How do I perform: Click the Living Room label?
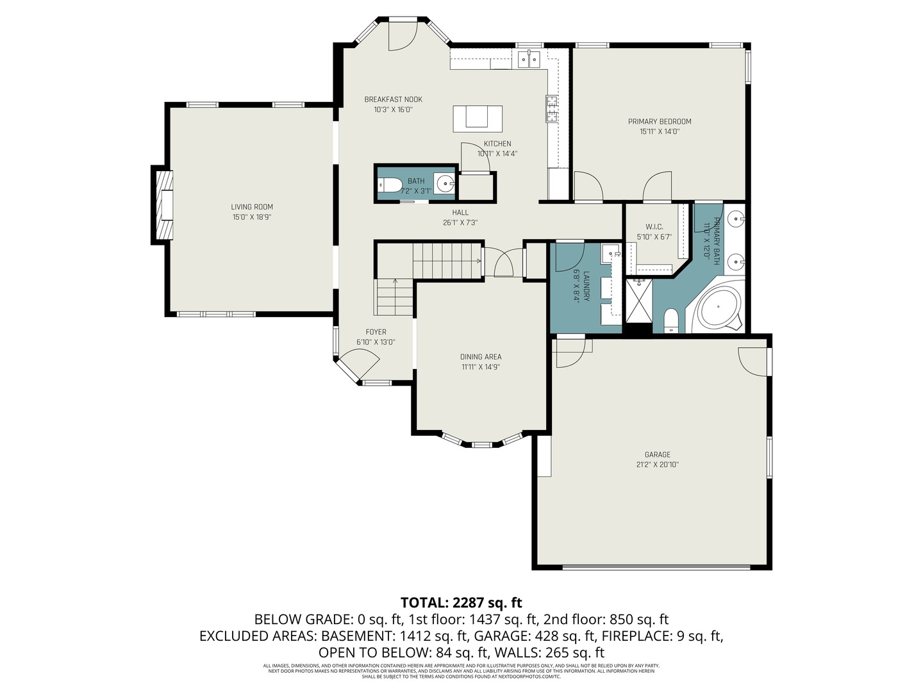[252, 207]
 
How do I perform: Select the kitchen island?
[478, 119]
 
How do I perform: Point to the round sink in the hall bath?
[444, 183]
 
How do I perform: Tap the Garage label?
[657, 454]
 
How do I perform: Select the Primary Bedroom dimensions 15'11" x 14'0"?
[660, 131]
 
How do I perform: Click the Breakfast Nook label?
[393, 99]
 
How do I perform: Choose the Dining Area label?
[481, 357]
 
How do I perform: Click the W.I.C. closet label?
[654, 227]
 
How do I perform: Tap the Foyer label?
[376, 332]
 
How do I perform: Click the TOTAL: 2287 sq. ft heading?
[461, 602]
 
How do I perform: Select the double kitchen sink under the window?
[529, 60]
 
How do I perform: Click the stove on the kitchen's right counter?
[552, 108]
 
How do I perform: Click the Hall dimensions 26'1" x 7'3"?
[460, 223]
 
